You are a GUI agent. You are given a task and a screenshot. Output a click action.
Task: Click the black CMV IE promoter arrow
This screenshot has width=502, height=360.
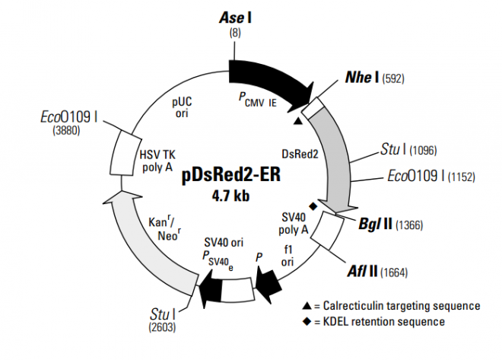(x=266, y=78)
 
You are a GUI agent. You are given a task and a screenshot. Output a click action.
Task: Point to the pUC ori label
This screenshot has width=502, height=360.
(x=181, y=107)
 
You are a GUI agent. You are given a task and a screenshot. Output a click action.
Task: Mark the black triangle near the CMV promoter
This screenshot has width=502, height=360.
(x=298, y=119)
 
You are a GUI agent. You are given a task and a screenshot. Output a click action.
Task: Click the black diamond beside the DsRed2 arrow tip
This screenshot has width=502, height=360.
(x=312, y=206)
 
